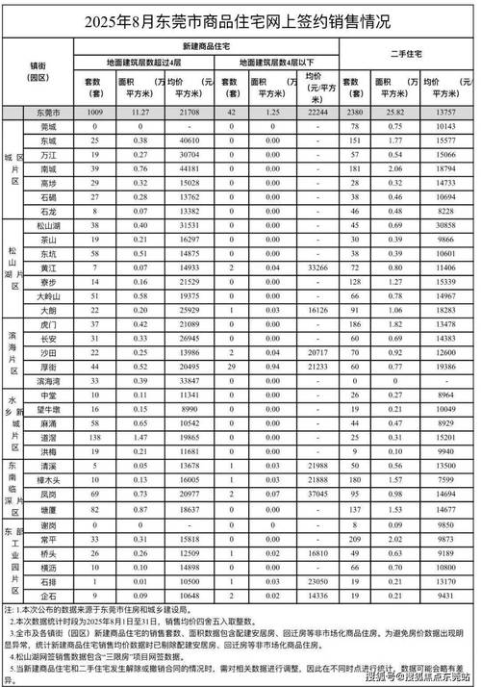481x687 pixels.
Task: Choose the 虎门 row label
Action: click(47, 324)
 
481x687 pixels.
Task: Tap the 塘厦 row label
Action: click(47, 508)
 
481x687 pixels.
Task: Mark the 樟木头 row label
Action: click(47, 479)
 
